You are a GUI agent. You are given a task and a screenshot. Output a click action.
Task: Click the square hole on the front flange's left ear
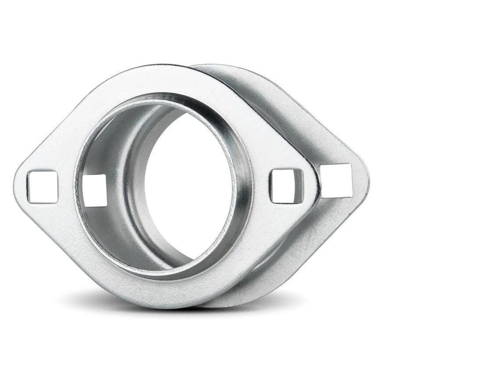(x=42, y=187)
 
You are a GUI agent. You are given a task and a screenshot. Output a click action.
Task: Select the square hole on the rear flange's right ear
(x=336, y=180)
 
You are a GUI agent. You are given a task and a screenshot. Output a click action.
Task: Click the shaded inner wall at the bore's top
(x=158, y=105)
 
